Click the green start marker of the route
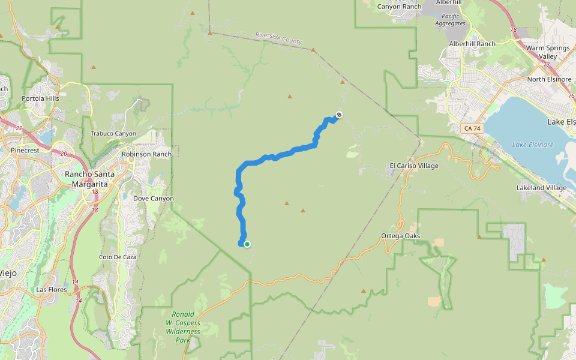tap(247, 244)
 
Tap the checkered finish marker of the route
tap(339, 115)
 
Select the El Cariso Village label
tap(414, 166)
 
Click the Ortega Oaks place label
tap(400, 236)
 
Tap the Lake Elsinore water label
tap(533, 145)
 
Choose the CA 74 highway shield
tap(472, 128)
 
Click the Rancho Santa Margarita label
tap(86, 179)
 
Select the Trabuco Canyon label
tap(113, 134)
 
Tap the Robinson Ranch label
tap(146, 154)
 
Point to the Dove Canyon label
tap(153, 199)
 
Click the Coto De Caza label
tap(118, 257)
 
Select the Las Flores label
tap(50, 289)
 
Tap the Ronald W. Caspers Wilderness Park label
tap(183, 327)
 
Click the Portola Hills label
tap(41, 98)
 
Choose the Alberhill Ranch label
tap(472, 44)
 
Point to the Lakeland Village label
tap(541, 188)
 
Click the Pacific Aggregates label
tap(450, 20)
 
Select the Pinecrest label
tap(25, 150)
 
